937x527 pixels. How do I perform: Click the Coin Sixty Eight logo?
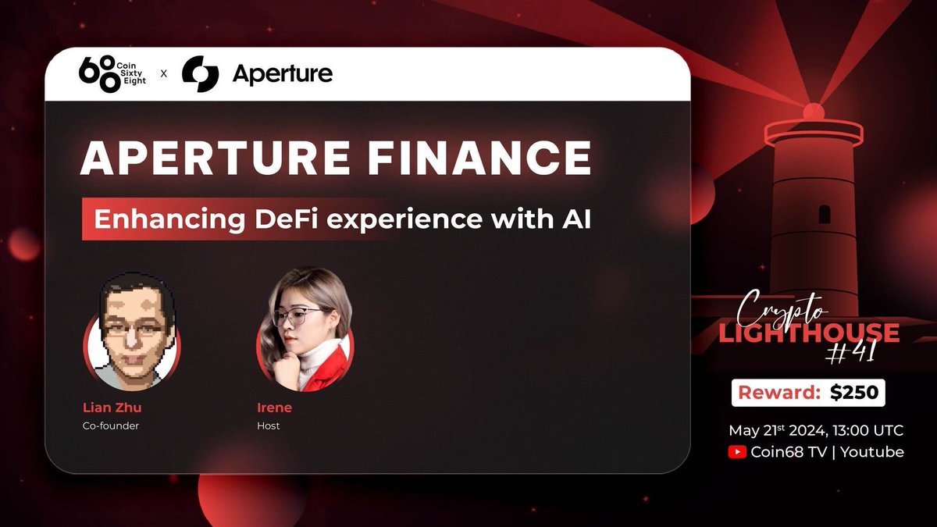[x=114, y=73]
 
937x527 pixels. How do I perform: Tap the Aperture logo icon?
[x=200, y=74]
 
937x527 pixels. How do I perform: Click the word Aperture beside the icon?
[x=282, y=74]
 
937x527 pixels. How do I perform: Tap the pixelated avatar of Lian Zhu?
[x=131, y=332]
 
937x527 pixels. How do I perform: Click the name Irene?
[x=274, y=408]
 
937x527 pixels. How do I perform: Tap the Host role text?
[x=268, y=426]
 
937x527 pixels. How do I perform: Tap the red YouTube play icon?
[x=736, y=452]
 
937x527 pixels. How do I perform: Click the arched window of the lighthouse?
[x=824, y=214]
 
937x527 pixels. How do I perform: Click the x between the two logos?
[x=164, y=74]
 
